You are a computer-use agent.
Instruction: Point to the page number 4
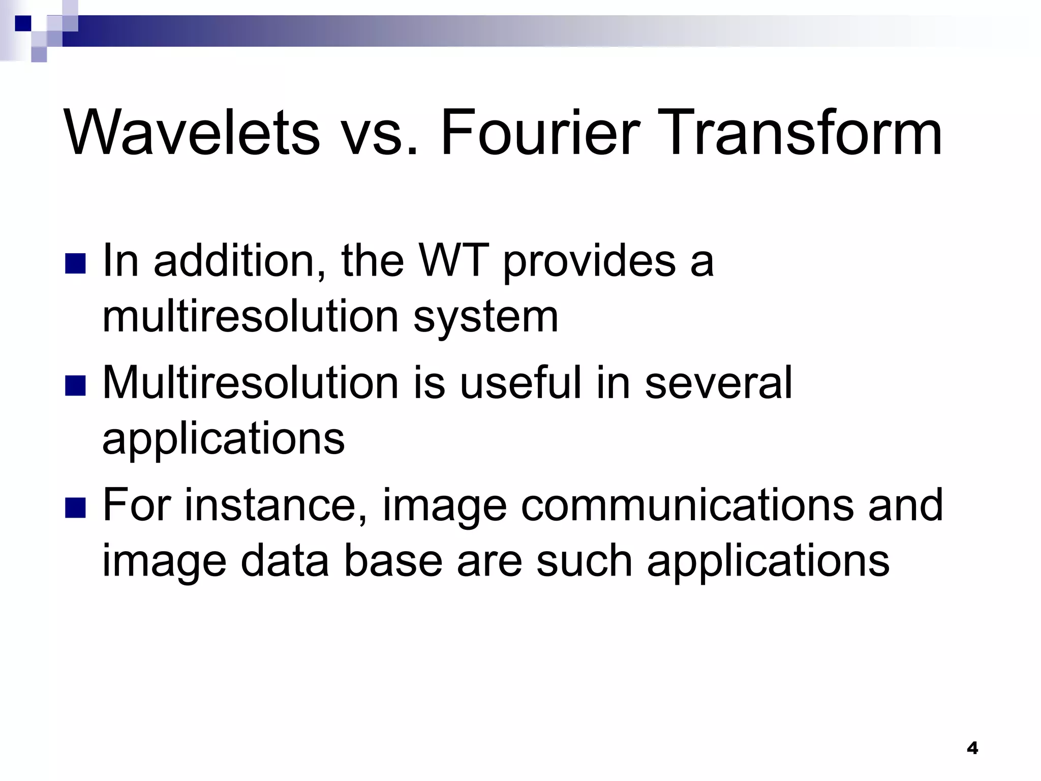[x=972, y=748]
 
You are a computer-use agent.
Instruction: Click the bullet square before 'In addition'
[x=76, y=263]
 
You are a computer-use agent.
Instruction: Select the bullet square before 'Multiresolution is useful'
[x=76, y=385]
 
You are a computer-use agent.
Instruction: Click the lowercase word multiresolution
[x=250, y=316]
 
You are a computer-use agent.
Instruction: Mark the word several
[x=718, y=382]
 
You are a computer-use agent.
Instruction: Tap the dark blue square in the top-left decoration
[x=23, y=23]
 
